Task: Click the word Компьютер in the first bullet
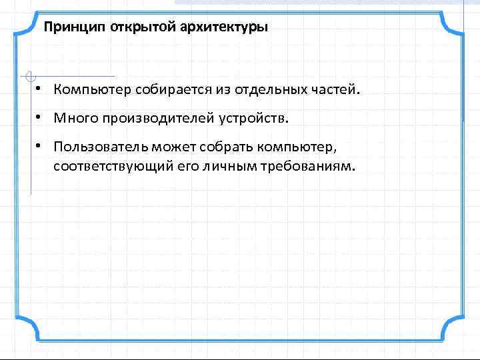tap(93, 89)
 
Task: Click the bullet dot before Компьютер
tap(41, 89)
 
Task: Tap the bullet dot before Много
tap(41, 118)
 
